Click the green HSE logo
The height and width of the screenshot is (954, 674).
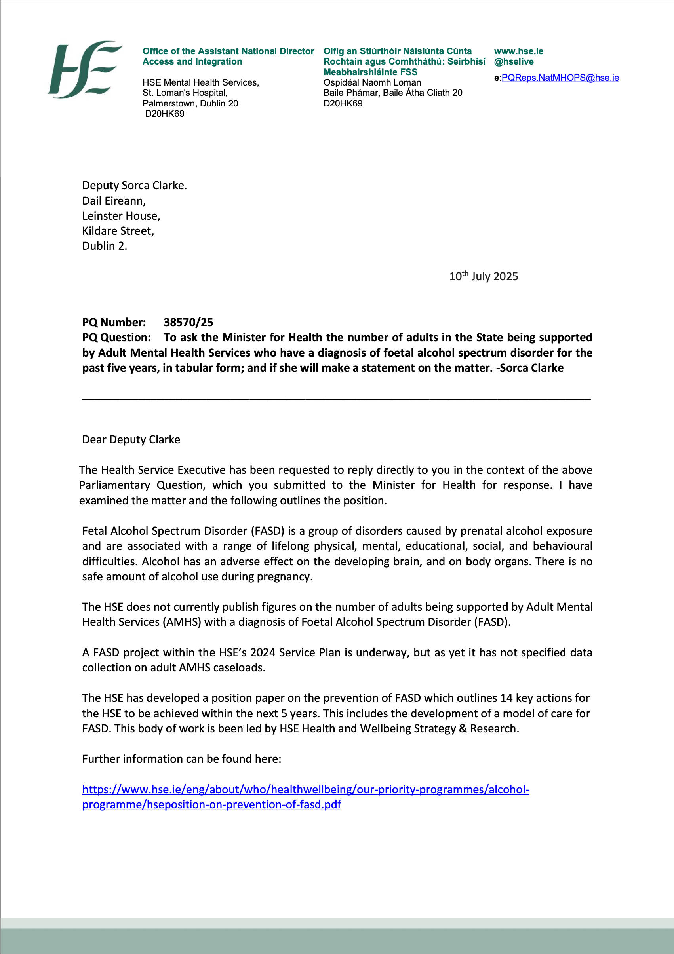coord(85,69)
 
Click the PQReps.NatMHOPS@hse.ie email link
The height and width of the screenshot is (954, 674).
coord(560,78)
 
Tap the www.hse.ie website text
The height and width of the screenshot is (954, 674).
coord(518,51)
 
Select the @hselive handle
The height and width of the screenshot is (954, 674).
coord(514,61)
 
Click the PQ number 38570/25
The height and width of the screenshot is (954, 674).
coord(188,323)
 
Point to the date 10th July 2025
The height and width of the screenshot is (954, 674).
coord(484,276)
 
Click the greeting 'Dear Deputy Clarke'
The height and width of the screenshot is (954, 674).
coord(131,440)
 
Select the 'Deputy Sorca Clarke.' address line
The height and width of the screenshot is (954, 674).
coord(134,185)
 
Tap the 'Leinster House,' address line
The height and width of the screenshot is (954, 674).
coord(121,216)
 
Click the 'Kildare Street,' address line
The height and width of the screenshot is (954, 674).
coord(118,231)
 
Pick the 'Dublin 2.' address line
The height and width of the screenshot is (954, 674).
coord(105,246)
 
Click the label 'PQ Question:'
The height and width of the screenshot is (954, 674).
coord(116,337)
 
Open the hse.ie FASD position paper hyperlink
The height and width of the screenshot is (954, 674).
coord(306,789)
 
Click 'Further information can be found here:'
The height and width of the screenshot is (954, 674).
coord(182,759)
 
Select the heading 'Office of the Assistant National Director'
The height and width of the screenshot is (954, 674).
coord(228,51)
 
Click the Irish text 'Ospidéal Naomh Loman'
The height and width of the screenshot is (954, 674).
coord(372,82)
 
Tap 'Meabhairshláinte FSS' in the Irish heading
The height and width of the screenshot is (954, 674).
coord(371,72)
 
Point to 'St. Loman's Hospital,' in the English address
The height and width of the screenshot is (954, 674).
coord(185,93)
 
